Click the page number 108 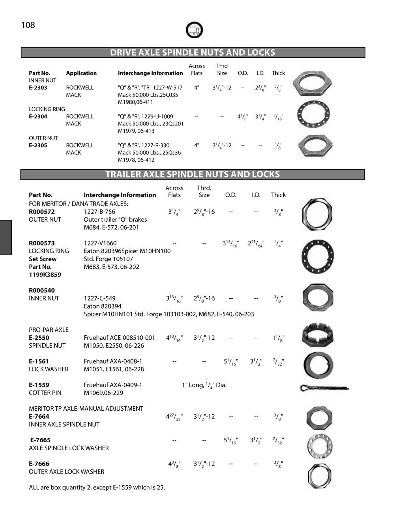coord(28,25)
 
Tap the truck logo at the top coord(194,30)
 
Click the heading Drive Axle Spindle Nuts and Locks coord(193,52)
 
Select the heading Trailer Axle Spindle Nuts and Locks coord(193,174)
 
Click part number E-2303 coord(38,88)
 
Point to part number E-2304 coord(38,116)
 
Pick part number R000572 coord(42,211)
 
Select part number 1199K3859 coord(45,275)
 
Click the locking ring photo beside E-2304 coord(314,115)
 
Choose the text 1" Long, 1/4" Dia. coord(204,385)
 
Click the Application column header coord(81,73)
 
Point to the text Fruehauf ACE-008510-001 coord(119,338)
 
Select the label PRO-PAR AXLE coord(49,330)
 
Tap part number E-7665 coord(40,440)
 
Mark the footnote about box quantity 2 coord(97,487)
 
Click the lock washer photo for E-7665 coord(320,446)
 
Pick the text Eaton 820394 coord(103,306)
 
